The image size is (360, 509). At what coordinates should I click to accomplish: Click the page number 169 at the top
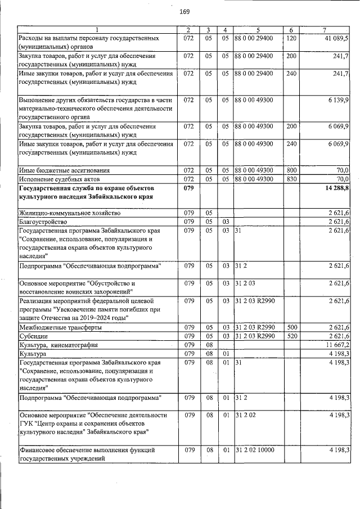[x=184, y=12]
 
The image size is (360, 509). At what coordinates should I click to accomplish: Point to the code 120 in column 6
[x=291, y=38]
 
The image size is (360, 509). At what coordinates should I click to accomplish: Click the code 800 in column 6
[x=291, y=170]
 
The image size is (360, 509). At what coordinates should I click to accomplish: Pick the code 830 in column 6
[x=291, y=178]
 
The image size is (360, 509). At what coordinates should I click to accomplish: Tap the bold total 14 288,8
[x=336, y=187]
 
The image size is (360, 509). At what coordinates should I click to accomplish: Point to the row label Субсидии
[x=33, y=336]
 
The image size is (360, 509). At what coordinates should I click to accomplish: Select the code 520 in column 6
[x=291, y=336]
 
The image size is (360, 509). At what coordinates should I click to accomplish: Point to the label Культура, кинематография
[x=58, y=344]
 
